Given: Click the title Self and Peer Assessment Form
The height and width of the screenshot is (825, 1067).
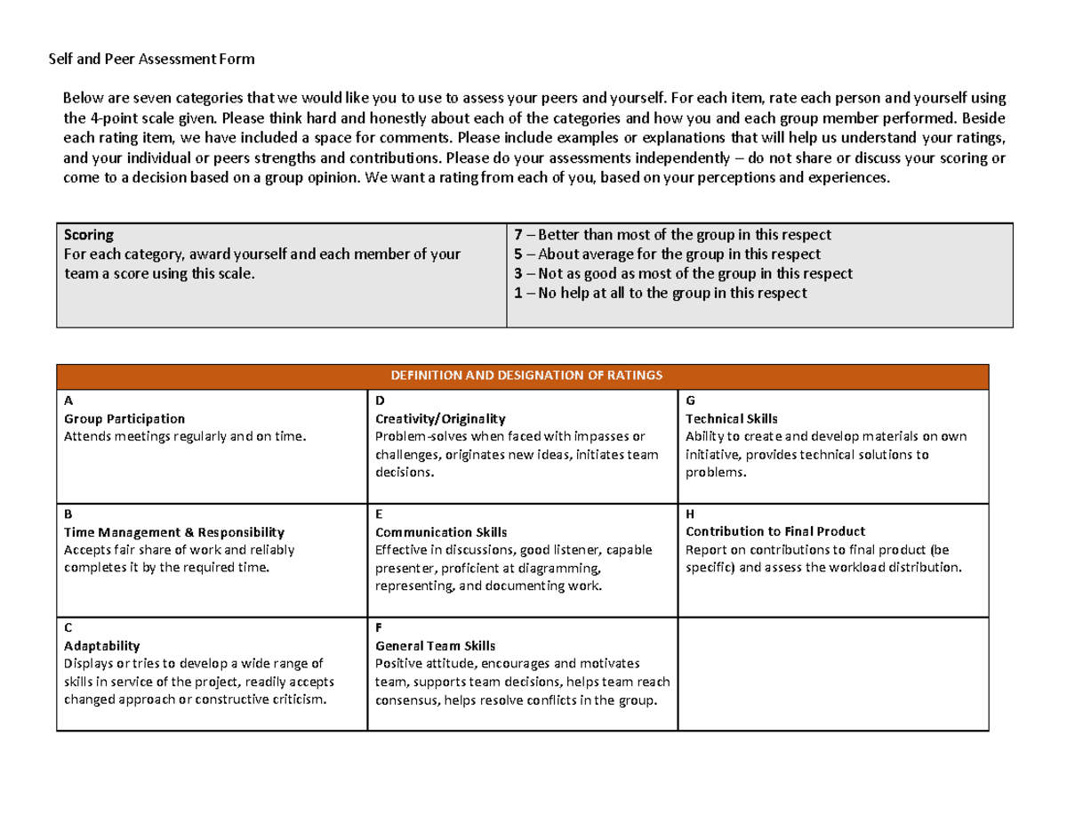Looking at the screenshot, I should click(x=150, y=60).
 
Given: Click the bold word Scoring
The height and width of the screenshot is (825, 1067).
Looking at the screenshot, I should click(x=89, y=235).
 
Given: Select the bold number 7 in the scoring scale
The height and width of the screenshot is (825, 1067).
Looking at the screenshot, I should click(x=518, y=235).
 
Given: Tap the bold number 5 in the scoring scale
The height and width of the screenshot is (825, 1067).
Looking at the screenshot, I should click(x=518, y=255).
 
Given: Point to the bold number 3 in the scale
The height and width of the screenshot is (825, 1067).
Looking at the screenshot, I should click(x=518, y=273).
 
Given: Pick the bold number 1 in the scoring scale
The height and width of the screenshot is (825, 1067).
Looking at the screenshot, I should click(x=518, y=293).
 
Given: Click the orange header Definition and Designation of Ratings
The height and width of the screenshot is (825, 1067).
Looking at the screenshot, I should click(x=522, y=376).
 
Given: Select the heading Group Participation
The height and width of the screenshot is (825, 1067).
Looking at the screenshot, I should click(x=124, y=418).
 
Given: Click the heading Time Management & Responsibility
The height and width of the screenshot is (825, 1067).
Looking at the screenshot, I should click(x=174, y=532).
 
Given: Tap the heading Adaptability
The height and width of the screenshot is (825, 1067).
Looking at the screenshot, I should click(x=101, y=646).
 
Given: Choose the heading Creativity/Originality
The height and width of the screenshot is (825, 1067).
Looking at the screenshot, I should click(x=440, y=418).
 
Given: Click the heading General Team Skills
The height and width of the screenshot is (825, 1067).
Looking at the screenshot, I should click(x=436, y=646).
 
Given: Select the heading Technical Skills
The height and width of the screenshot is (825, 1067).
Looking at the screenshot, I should click(x=731, y=418).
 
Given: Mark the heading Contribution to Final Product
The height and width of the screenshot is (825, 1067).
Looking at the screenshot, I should click(x=775, y=532).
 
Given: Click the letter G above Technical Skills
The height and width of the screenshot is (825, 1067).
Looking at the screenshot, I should click(x=690, y=400).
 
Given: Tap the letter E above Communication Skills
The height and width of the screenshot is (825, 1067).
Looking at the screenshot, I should click(x=379, y=514).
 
